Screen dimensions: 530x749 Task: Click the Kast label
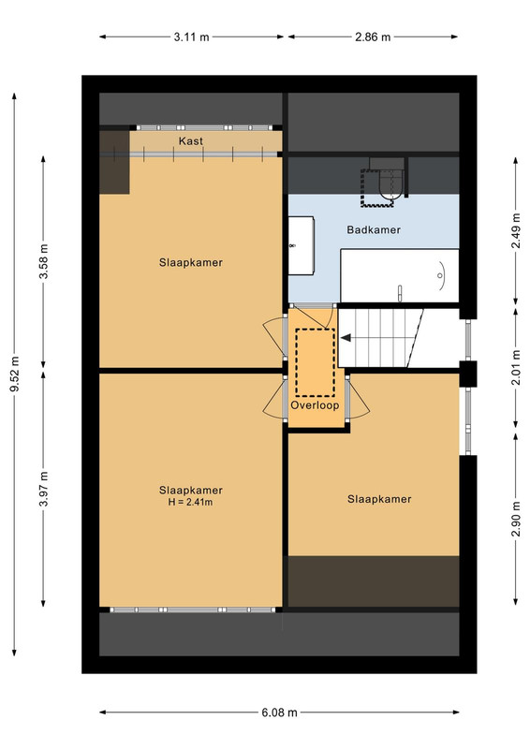[x=191, y=141]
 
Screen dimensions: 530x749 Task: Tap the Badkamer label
[x=374, y=229]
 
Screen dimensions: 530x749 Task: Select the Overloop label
[x=315, y=405]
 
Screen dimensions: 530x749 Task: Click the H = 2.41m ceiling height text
[x=190, y=502]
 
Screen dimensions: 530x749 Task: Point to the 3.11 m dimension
[x=191, y=37]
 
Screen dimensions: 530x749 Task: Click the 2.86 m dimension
[x=373, y=37]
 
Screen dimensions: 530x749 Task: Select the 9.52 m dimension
[x=14, y=374]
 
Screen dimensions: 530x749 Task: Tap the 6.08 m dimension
[x=280, y=712]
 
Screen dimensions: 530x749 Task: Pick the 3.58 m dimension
[x=43, y=261]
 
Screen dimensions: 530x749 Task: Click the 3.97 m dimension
[x=43, y=489]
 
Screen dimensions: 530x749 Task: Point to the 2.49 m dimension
[x=516, y=230]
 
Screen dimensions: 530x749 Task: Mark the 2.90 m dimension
[x=516, y=519]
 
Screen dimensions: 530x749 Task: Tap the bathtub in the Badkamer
[x=399, y=275]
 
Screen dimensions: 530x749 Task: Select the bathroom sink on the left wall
[x=301, y=245]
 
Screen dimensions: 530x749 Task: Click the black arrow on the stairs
[x=346, y=338]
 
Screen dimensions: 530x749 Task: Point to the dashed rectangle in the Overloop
[x=315, y=362]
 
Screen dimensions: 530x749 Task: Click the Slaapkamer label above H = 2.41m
[x=191, y=491]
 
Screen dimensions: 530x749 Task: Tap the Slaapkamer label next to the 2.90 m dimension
[x=379, y=499]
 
